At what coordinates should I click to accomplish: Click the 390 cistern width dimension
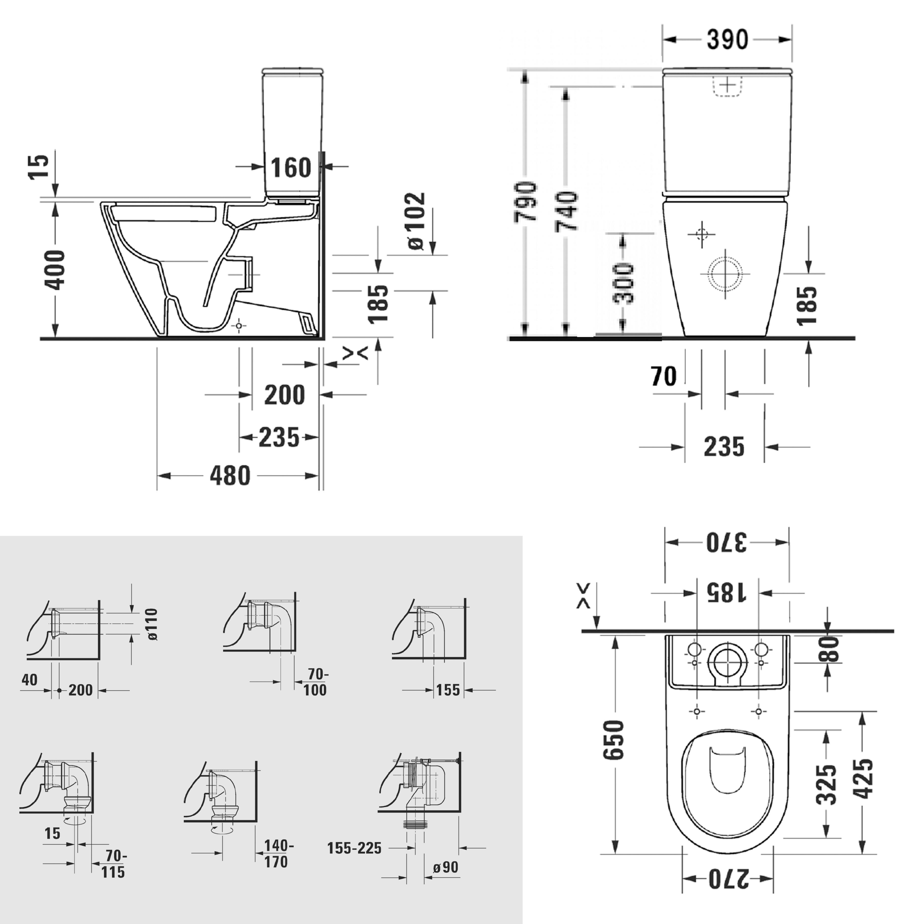tap(727, 40)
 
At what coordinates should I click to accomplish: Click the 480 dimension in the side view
tap(230, 476)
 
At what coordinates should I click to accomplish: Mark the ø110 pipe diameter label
tap(152, 624)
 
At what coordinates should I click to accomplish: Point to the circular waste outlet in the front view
tap(725, 274)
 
